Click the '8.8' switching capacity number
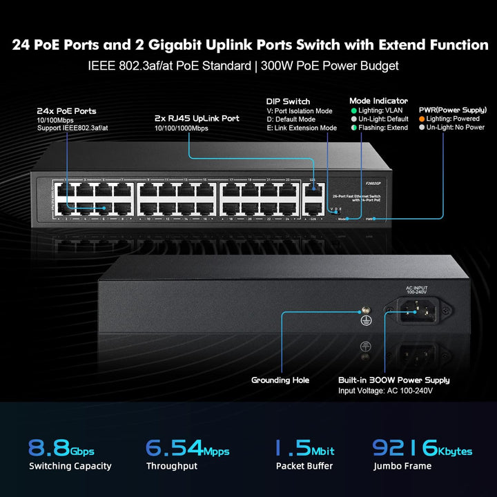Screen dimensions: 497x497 (48, 448)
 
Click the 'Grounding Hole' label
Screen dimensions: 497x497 (280, 380)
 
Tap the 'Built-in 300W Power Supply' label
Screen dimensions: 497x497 (393, 380)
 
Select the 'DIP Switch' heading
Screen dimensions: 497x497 (288, 101)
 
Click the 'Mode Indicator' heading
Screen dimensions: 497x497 (378, 101)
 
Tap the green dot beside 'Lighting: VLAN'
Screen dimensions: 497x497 (353, 110)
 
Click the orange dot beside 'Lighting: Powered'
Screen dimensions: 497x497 (422, 119)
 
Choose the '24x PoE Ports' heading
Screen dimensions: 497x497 (66, 110)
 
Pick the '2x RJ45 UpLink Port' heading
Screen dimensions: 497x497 (197, 118)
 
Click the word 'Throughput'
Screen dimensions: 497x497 (171, 466)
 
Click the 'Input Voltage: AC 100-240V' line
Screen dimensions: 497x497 (385, 391)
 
